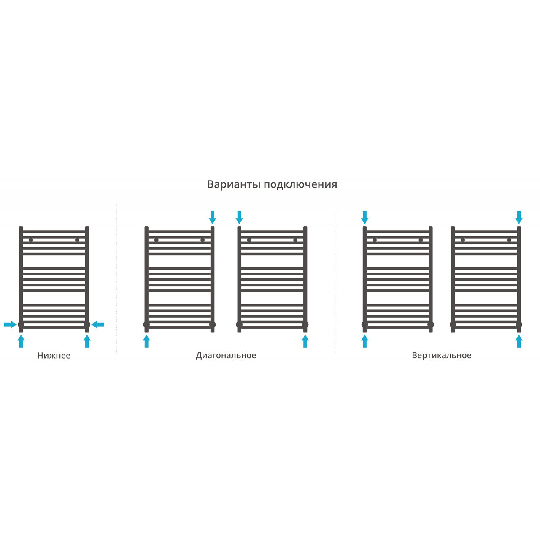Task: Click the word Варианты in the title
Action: pyautogui.click(x=234, y=184)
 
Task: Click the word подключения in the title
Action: pyautogui.click(x=300, y=185)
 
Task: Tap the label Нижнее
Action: pyautogui.click(x=54, y=355)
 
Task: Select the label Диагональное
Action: pyautogui.click(x=226, y=355)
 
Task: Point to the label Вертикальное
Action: pyautogui.click(x=441, y=355)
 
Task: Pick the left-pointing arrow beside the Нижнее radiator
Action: pyautogui.click(x=98, y=324)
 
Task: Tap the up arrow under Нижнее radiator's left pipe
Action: pyautogui.click(x=21, y=341)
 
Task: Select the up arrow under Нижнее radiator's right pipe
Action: pyautogui.click(x=87, y=341)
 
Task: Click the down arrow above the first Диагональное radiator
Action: pyautogui.click(x=212, y=217)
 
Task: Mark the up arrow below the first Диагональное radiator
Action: pyautogui.click(x=146, y=341)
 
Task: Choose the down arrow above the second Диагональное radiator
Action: pyautogui.click(x=239, y=217)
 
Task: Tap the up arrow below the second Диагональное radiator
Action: pyautogui.click(x=305, y=341)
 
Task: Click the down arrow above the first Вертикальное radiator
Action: pyautogui.click(x=364, y=217)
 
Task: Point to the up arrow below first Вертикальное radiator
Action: pyautogui.click(x=364, y=341)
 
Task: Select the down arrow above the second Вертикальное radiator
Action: pyautogui.click(x=519, y=217)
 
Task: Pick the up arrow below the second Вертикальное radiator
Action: pyautogui.click(x=519, y=341)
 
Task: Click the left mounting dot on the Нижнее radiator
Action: pyautogui.click(x=31, y=240)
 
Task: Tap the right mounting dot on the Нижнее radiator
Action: pyautogui.click(x=77, y=240)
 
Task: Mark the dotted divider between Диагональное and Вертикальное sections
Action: pyautogui.click(x=335, y=278)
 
